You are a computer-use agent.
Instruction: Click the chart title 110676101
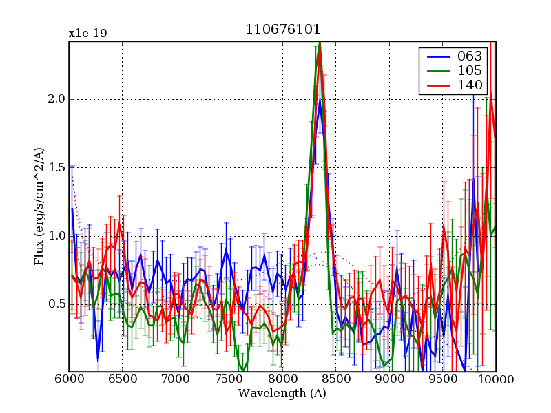click(x=282, y=30)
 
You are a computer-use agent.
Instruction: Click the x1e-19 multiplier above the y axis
click(x=87, y=33)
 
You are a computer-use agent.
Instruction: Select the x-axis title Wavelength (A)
click(x=282, y=394)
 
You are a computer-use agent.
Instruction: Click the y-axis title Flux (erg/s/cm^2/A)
click(x=39, y=206)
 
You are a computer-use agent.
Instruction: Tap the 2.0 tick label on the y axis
click(x=56, y=99)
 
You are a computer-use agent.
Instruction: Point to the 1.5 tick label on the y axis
click(x=56, y=167)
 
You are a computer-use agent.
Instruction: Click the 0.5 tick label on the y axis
click(x=56, y=304)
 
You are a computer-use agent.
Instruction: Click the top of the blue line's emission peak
click(x=320, y=103)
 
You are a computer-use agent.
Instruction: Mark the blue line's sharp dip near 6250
click(x=98, y=359)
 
